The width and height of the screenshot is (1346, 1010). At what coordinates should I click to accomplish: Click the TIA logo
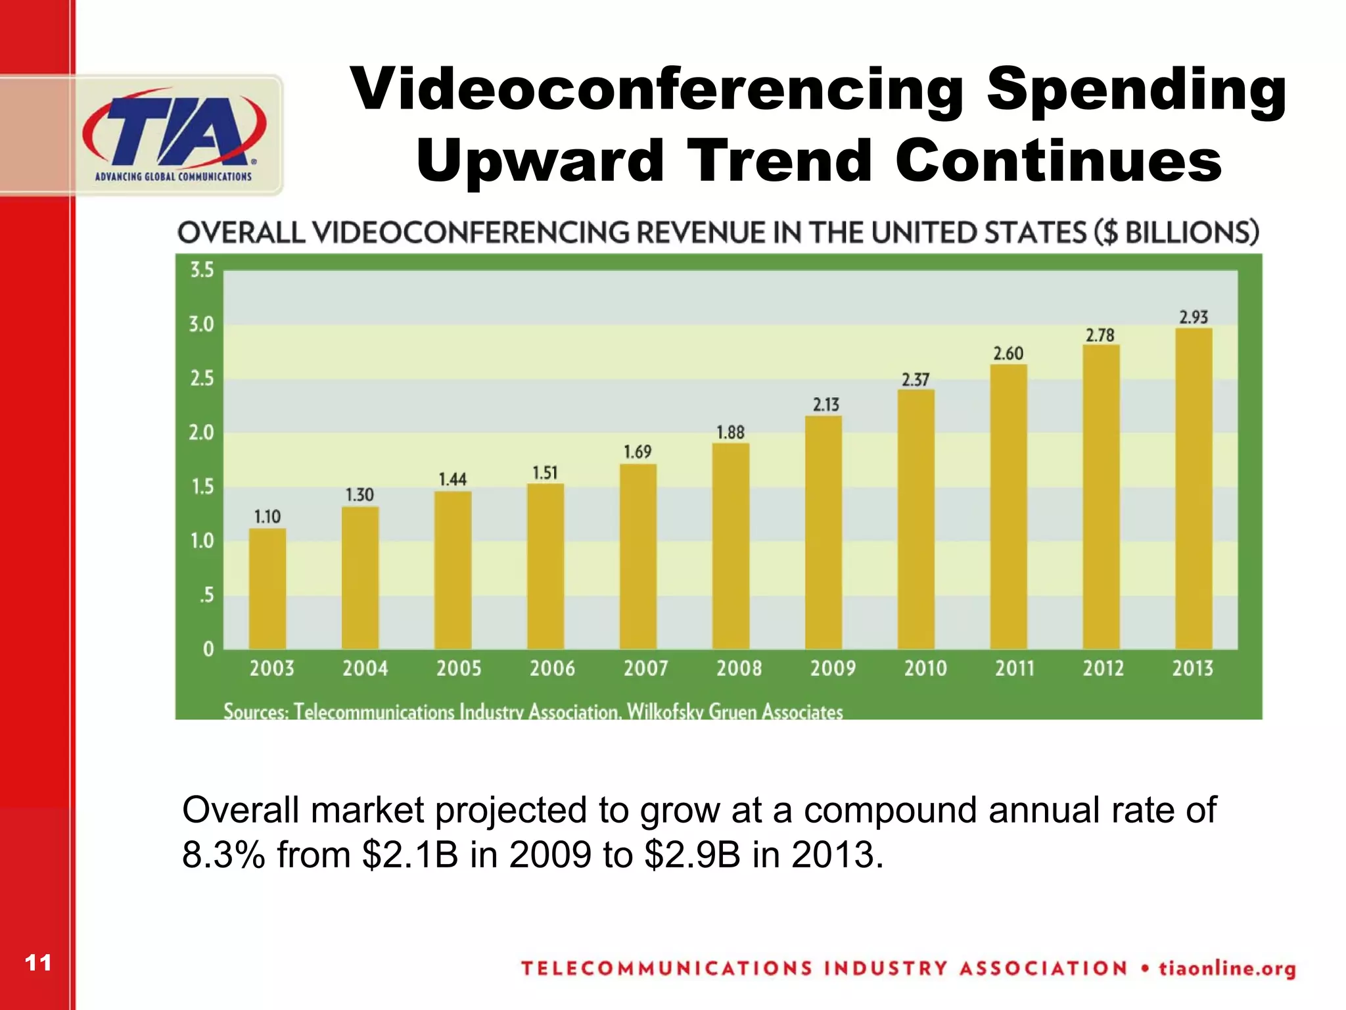click(174, 134)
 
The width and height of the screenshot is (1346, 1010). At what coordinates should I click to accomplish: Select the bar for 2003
click(267, 589)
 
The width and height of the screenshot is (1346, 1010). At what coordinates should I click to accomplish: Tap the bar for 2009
click(824, 533)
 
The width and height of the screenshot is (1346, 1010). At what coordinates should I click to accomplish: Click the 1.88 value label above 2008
click(730, 433)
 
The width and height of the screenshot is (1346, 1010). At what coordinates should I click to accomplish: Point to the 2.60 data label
click(1008, 354)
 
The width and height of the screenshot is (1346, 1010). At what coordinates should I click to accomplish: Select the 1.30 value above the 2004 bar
click(360, 494)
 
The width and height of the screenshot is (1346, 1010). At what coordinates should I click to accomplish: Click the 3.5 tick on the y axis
click(202, 270)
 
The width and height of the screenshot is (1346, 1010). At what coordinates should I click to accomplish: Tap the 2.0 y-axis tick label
click(202, 433)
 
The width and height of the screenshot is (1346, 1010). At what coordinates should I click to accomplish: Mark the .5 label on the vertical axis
click(206, 595)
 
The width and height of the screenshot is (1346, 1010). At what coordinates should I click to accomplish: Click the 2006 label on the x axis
click(552, 669)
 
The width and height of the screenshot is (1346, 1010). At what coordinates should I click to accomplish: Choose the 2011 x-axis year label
click(1014, 669)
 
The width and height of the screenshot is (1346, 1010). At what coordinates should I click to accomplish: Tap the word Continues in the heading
click(1058, 160)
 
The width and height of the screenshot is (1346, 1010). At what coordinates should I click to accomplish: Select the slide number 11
click(38, 963)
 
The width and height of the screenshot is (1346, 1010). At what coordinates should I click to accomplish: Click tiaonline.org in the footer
click(1226, 969)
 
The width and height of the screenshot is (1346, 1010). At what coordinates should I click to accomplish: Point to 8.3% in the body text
click(223, 855)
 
